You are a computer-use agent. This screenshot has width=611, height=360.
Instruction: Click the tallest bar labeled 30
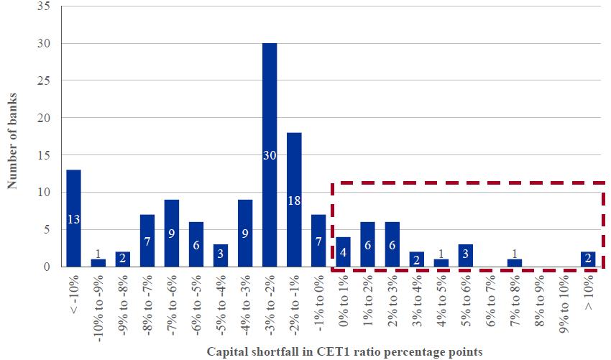[270, 154]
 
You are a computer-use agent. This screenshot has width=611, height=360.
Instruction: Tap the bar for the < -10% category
[73, 218]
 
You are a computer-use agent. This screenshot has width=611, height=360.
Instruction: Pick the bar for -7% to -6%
[171, 234]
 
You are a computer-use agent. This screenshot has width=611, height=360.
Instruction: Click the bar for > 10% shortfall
[589, 259]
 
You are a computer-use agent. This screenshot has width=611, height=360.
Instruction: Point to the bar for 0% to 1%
[343, 252]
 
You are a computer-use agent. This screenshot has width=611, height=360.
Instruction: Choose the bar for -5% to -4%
[220, 256]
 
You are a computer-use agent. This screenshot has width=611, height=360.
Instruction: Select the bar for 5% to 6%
[466, 256]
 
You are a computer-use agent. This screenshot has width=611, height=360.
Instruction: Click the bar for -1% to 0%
[318, 241]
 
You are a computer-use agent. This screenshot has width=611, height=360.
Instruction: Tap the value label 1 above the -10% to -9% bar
[98, 254]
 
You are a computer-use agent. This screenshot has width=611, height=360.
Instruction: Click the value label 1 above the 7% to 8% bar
[515, 254]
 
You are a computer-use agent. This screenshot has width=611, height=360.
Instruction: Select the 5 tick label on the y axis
[46, 229]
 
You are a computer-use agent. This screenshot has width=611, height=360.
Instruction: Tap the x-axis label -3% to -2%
[270, 300]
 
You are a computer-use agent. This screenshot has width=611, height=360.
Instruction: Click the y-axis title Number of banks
[12, 140]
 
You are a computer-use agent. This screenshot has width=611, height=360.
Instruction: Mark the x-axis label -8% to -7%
[147, 300]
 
